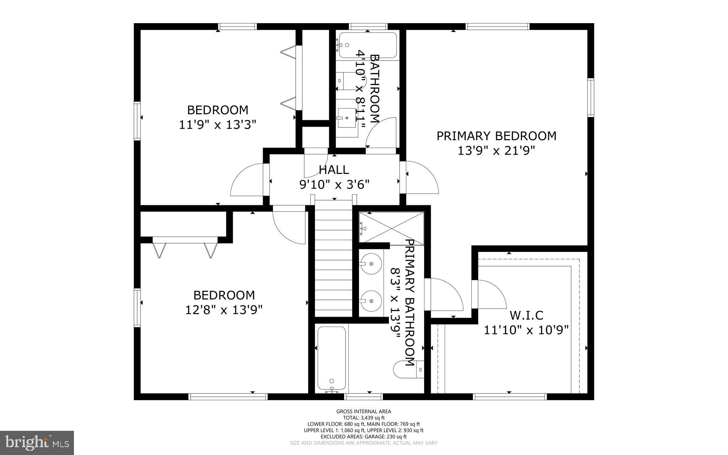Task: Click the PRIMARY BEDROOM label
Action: [x=496, y=136]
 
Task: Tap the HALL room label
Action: [x=334, y=170]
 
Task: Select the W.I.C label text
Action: [x=526, y=315]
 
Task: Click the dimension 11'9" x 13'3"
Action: [x=217, y=125]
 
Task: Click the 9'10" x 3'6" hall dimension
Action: [x=334, y=185]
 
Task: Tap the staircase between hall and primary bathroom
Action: [x=333, y=258]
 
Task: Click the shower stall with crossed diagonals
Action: [x=391, y=228]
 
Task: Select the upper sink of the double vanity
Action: [x=371, y=264]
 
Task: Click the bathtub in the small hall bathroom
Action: [x=368, y=45]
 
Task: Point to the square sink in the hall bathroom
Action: [x=347, y=118]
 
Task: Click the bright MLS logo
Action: [x=37, y=443]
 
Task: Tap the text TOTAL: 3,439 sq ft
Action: [x=364, y=418]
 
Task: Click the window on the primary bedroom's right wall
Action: [x=590, y=97]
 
